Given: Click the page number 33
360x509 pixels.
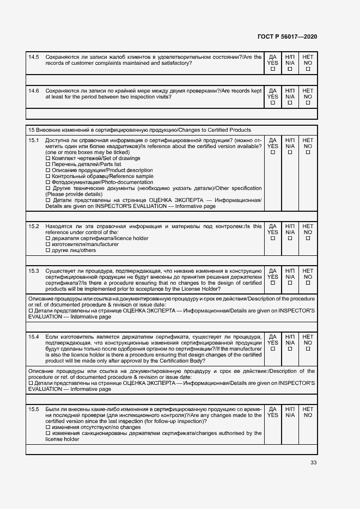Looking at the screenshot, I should pyautogui.click(x=313, y=463).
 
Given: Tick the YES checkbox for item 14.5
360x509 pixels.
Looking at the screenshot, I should pyautogui.click(x=273, y=69).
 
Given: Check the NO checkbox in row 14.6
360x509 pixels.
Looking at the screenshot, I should pyautogui.click(x=308, y=103).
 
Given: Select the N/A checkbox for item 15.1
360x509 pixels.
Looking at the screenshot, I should pyautogui.click(x=290, y=152).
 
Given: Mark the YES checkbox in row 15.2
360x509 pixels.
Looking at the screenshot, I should pyautogui.click(x=273, y=238).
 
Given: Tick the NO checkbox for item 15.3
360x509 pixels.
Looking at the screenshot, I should pyautogui.click(x=308, y=283).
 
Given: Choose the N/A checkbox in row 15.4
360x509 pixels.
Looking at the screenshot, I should pyautogui.click(x=290, y=349).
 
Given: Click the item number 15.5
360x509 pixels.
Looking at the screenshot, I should pyautogui.click(x=34, y=408).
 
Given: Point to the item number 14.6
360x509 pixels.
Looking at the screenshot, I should pyautogui.click(x=34, y=90).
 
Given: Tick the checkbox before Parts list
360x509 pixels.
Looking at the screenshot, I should pyautogui.click(x=48, y=164).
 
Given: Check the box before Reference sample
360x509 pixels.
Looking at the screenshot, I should pyautogui.click(x=48, y=176).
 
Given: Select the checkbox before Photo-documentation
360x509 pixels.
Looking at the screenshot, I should pyautogui.click(x=48, y=182).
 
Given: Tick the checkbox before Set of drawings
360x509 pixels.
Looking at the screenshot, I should pyautogui.click(x=48, y=158).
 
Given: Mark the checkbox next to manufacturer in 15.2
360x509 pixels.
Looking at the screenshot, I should pyautogui.click(x=48, y=244).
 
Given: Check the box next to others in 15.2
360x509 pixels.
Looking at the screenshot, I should pyautogui.click(x=48, y=250).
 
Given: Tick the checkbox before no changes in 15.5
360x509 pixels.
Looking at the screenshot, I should pyautogui.click(x=48, y=427).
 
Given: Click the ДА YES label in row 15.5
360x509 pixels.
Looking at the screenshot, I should pyautogui.click(x=273, y=412).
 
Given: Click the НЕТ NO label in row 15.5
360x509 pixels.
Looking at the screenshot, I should pyautogui.click(x=308, y=412).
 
